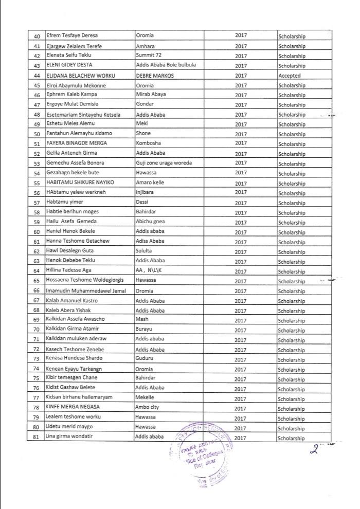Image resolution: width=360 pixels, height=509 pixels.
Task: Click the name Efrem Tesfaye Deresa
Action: coord(72,35)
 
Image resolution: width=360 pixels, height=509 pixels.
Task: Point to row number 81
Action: coord(36,437)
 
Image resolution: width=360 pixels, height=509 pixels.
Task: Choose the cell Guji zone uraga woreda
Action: coord(163,163)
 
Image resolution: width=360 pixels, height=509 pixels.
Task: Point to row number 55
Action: coord(36,184)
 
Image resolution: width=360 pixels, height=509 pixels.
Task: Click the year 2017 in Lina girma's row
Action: coord(241,438)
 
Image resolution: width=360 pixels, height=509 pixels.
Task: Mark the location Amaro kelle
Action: coord(153,184)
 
